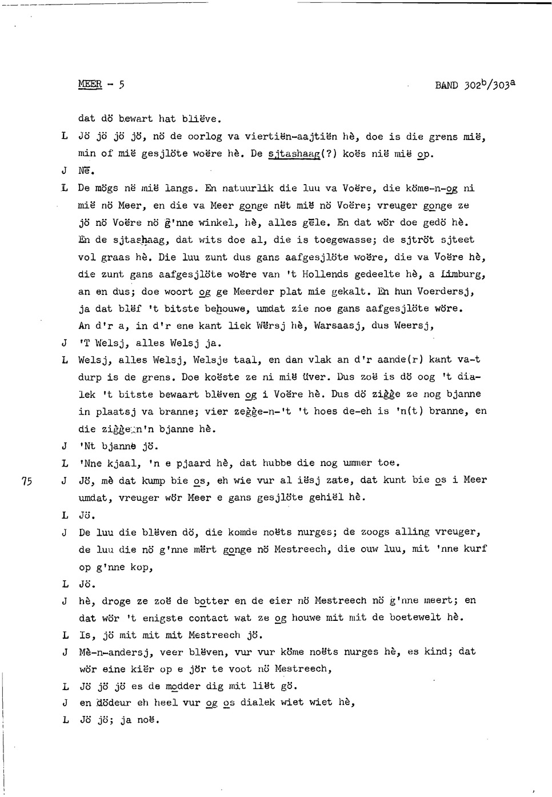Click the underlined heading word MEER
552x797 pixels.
(90, 85)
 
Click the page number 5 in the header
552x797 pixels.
(122, 85)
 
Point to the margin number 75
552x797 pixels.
(25, 481)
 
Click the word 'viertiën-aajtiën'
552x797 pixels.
(290, 137)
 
